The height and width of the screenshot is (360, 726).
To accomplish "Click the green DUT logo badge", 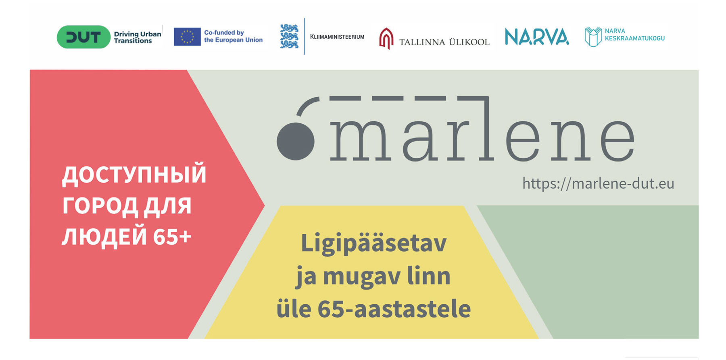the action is point(83,37).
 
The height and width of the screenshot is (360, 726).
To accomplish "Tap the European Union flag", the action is point(187,37).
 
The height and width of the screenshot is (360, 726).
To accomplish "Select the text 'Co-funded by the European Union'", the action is point(233,36).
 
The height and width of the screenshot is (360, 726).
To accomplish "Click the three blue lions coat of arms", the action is point(289,36).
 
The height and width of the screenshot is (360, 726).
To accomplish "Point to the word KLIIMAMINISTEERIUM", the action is point(337,37).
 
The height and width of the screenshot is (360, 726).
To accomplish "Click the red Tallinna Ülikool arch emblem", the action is point(386,39).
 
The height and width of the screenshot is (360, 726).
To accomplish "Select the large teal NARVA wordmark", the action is point(537,37).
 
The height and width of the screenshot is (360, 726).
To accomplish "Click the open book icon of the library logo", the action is point(593,37).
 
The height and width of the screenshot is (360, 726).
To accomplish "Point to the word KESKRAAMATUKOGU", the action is point(634,38).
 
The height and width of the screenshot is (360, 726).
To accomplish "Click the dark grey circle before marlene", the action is point(296,142).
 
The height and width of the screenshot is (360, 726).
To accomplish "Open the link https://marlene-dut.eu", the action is point(598,183).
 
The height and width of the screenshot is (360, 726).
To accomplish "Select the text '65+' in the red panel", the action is point(172,237).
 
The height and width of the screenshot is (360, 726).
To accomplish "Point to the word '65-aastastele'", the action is point(394,309).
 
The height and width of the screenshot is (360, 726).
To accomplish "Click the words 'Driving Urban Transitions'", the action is point(138,37).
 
